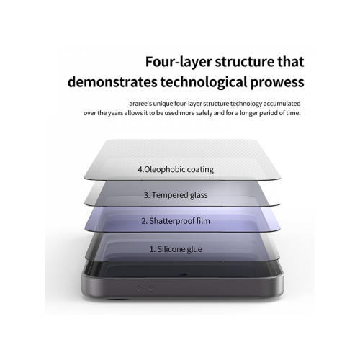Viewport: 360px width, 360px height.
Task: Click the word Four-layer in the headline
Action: tap(179, 62)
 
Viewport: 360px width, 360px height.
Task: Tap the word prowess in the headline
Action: tap(277, 82)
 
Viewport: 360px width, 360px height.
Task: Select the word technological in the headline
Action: tap(204, 82)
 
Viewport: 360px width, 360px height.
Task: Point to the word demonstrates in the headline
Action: tap(112, 82)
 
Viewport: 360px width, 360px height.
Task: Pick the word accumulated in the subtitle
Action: tap(282, 104)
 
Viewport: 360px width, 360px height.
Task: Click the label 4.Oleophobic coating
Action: tap(176, 169)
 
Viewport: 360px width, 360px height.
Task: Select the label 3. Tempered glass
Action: tap(176, 195)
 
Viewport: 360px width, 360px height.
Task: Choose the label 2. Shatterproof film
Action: tap(176, 221)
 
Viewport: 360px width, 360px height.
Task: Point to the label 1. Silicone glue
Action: tap(176, 249)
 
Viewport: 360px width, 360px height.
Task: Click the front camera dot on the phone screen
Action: tap(183, 274)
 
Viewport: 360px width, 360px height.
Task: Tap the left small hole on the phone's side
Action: tap(138, 288)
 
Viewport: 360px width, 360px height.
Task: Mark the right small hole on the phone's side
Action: tap(150, 288)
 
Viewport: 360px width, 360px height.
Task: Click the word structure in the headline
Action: tap(245, 62)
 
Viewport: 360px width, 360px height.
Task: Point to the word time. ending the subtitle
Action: tap(293, 113)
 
